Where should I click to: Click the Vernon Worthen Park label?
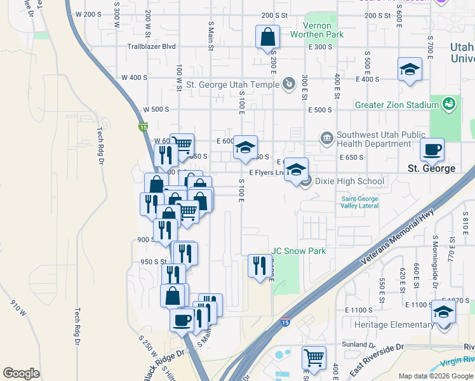click(x=317, y=30)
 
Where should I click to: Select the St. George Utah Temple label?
click(x=233, y=84)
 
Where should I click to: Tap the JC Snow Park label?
click(x=298, y=251)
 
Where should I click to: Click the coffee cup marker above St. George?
click(x=432, y=149)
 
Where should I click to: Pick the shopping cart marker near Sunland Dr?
click(x=314, y=358)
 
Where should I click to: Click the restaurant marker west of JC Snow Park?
click(x=259, y=265)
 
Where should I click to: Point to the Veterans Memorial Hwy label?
click(x=398, y=237)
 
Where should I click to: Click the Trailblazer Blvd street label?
click(x=151, y=46)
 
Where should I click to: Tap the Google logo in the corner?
click(x=22, y=373)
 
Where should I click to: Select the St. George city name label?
click(x=431, y=168)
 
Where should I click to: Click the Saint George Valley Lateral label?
click(x=359, y=202)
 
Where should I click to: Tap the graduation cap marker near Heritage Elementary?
click(x=443, y=312)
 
